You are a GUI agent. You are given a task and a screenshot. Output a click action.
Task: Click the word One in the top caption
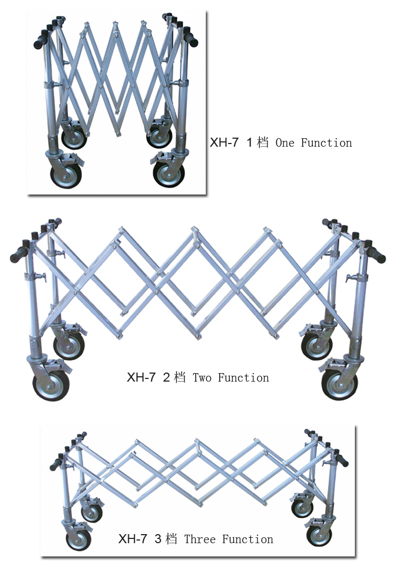click(x=285, y=143)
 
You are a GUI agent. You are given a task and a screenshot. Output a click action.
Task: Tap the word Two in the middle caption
click(x=202, y=377)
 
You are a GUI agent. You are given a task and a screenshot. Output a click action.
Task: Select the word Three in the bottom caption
click(x=199, y=539)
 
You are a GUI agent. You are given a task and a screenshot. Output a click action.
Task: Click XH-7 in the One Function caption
click(x=224, y=142)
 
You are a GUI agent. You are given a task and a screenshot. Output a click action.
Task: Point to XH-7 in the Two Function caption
click(x=141, y=377)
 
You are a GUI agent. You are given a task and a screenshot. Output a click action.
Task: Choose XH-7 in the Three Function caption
click(x=132, y=539)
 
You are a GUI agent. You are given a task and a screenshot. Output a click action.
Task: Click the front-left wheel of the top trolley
click(x=66, y=176)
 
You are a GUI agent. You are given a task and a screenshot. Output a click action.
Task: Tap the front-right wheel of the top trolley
click(x=169, y=175)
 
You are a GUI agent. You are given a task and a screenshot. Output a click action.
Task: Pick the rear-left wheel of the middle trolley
click(x=69, y=347)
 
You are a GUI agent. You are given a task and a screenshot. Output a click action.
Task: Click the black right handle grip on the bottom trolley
click(x=342, y=460)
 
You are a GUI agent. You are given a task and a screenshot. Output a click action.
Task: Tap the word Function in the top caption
click(x=326, y=143)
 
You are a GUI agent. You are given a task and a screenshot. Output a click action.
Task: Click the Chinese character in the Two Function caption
click(x=180, y=377)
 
